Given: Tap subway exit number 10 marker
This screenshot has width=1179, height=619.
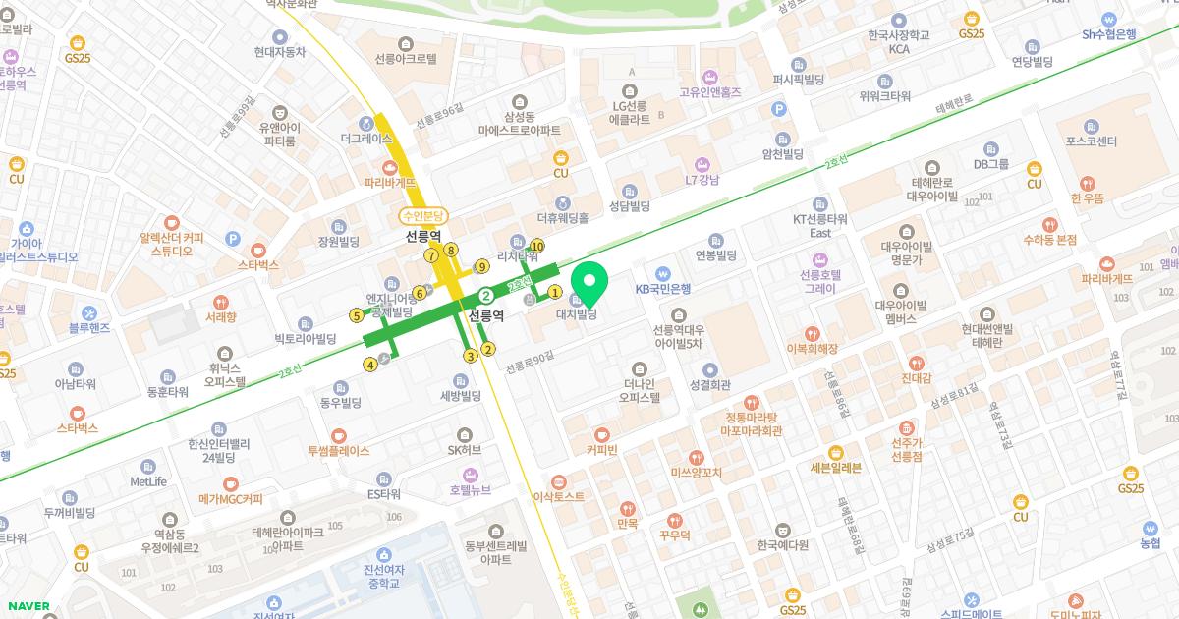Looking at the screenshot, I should [x=536, y=246].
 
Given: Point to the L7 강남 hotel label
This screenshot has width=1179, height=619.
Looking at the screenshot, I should [x=702, y=180].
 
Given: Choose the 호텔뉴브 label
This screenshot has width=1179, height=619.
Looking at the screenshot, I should [x=470, y=489].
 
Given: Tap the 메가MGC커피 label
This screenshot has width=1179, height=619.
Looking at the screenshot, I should [x=231, y=499].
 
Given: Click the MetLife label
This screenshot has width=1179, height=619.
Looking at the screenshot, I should [x=148, y=481].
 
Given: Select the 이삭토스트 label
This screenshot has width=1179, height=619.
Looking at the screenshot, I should [x=558, y=497].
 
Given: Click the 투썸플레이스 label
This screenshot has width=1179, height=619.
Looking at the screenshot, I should [x=339, y=451].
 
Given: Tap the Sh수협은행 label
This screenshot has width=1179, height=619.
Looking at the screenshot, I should [x=1108, y=33].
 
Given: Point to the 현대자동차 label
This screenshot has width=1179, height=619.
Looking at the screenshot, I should [x=279, y=52].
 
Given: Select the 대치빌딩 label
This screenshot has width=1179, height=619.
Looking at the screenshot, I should [x=577, y=314].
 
